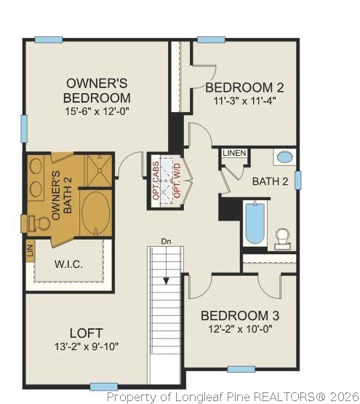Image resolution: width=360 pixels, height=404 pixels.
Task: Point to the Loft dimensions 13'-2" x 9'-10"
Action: tap(87, 346)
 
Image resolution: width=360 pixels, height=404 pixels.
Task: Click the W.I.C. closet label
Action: tap(68, 264)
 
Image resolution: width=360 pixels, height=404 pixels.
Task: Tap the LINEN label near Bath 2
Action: tap(234, 153)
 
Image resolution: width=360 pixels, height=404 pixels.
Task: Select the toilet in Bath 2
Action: tap(282, 238)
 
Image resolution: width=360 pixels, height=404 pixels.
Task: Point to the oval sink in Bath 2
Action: tap(286, 157)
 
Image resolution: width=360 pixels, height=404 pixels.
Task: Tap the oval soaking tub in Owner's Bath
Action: tap(97, 213)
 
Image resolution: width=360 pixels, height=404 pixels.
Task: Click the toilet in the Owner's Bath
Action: tap(42, 223)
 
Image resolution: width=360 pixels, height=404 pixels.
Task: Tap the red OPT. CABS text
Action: tap(156, 181)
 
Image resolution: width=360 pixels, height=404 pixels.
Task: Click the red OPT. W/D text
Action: tap(175, 181)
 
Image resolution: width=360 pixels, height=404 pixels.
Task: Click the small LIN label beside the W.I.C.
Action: tap(30, 253)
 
